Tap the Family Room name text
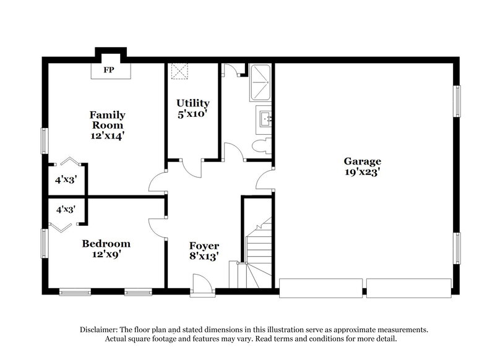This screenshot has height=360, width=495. click(107, 119)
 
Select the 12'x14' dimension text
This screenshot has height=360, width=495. click(107, 135)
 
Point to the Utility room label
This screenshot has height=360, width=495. click(192, 103)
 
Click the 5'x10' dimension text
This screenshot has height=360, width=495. click(192, 114)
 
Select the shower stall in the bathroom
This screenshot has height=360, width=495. click(261, 83)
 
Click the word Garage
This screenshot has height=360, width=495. click(363, 162)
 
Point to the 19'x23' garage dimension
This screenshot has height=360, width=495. click(363, 173)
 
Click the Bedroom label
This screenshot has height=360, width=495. click(106, 243)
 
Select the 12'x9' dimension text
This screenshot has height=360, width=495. click(106, 254)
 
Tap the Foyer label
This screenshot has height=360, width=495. click(204, 246)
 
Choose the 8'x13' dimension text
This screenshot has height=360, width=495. click(204, 257)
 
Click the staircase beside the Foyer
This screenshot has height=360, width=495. click(257, 247)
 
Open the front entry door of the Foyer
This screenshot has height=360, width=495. click(201, 284)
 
